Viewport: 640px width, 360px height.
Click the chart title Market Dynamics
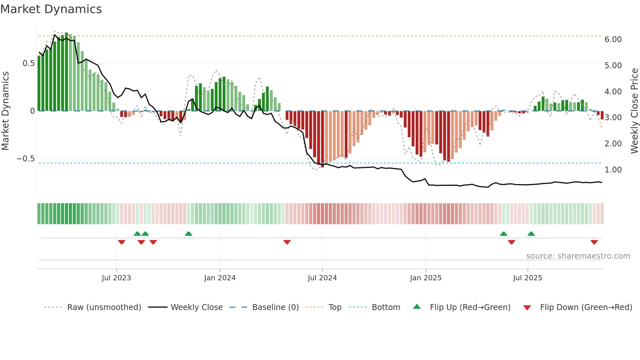click(x=51, y=9)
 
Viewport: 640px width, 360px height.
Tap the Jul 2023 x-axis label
click(x=116, y=278)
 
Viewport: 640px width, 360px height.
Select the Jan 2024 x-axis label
click(x=220, y=278)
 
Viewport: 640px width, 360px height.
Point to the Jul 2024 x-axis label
click(x=322, y=278)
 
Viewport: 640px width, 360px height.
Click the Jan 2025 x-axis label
click(x=425, y=278)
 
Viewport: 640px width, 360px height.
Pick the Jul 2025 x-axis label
click(x=527, y=278)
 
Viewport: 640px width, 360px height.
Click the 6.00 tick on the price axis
click(x=613, y=40)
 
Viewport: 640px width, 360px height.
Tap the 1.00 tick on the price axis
click(x=613, y=170)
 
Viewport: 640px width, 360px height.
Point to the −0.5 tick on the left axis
click(x=25, y=159)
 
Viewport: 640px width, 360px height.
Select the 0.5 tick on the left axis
click(x=28, y=63)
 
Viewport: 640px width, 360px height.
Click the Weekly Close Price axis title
click(x=634, y=111)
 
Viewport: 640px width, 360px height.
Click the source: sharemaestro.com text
click(x=578, y=256)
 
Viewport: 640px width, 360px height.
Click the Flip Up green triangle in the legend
click(x=417, y=307)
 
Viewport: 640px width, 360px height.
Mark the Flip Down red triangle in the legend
click(x=527, y=308)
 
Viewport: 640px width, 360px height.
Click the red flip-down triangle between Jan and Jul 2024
click(x=287, y=242)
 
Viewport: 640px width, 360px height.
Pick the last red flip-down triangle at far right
click(x=594, y=242)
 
